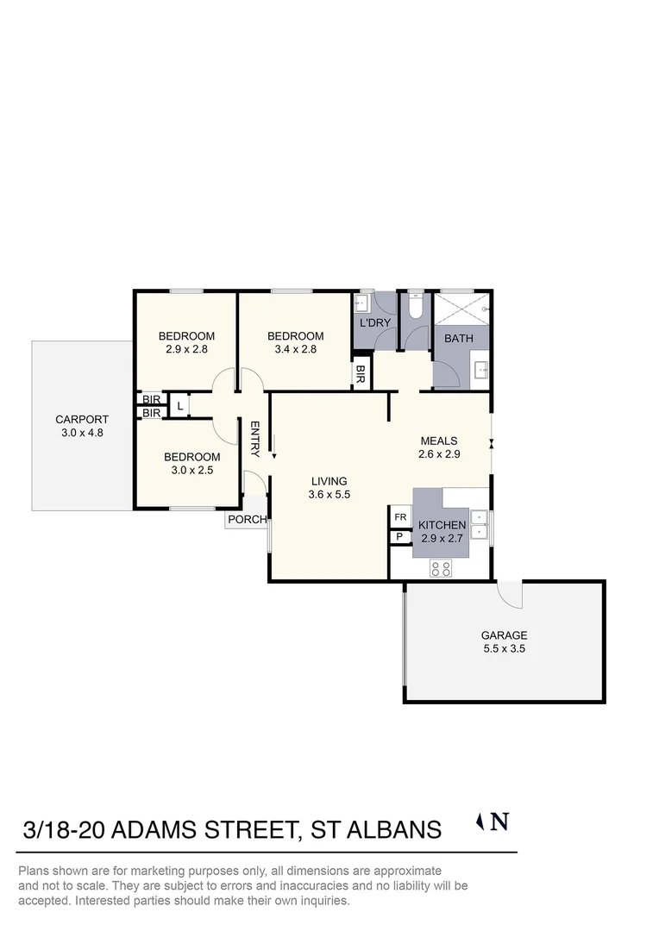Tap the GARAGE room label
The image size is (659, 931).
(x=504, y=635)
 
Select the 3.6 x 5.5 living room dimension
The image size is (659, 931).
(x=328, y=495)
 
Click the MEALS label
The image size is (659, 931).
(x=438, y=441)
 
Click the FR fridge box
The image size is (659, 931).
(x=400, y=517)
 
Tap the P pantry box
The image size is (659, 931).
(x=400, y=537)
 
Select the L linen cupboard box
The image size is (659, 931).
(x=179, y=405)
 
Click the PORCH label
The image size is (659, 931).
(x=247, y=520)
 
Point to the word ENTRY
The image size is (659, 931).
(x=255, y=438)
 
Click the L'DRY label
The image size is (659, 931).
(x=374, y=323)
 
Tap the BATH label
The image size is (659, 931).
(x=458, y=338)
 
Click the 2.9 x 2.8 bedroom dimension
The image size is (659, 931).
(x=186, y=349)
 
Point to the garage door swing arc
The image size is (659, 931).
(x=509, y=592)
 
